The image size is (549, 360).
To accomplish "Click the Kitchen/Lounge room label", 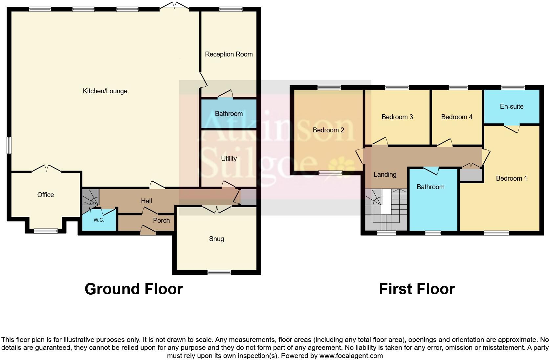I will coord(105,91).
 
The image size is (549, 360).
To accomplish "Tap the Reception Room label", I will coord(229,54).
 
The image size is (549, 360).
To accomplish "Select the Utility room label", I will coord(229,159).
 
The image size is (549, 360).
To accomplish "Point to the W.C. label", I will coord(99,220).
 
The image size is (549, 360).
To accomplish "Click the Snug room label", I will coord(216,239).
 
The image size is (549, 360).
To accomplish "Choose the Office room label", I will coord(46,195).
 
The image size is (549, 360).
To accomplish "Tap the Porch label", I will coord(161,220).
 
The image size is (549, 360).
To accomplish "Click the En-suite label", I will coord(512,106).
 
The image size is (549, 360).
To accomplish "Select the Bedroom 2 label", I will coord(328,130).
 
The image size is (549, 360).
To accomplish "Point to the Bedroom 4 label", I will coord(456,117).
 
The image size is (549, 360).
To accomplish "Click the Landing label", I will coord(385,174).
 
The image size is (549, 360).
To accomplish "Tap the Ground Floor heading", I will coord(134,289).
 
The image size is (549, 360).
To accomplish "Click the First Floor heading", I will coord(417,289).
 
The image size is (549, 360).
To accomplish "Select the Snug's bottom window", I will coord(219,272).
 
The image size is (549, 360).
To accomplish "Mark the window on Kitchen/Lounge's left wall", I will coord(10,145).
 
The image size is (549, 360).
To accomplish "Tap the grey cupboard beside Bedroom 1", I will coord(471,174).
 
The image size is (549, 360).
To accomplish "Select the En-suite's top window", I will coord(513,87).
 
